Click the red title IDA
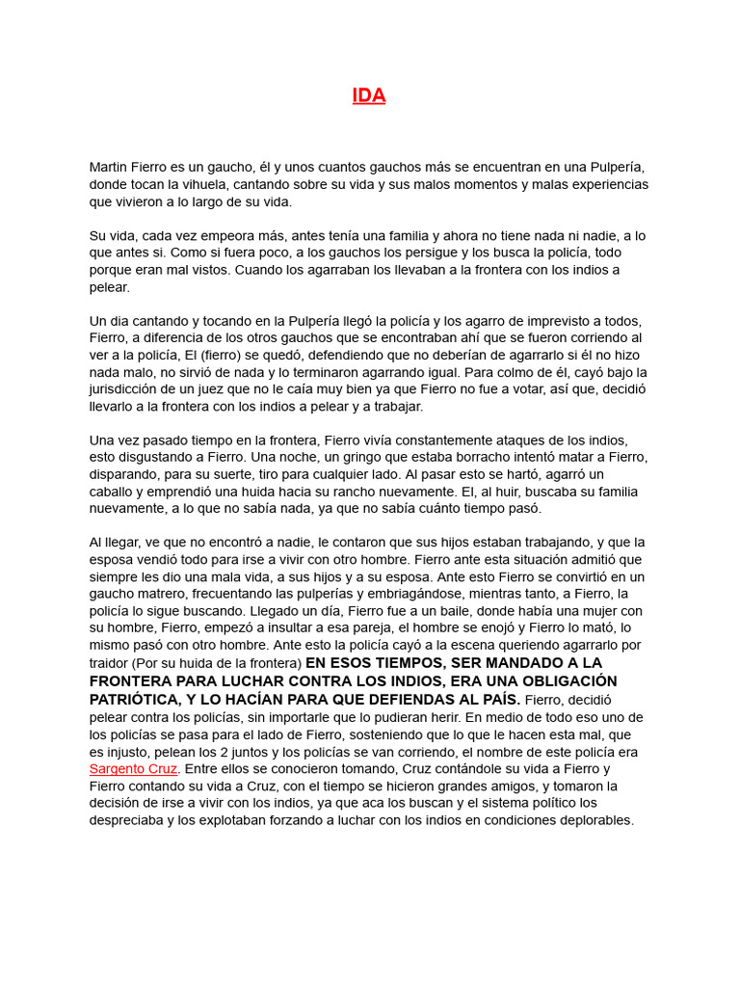pyautogui.click(x=369, y=95)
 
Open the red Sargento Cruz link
pyautogui.click(x=133, y=769)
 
